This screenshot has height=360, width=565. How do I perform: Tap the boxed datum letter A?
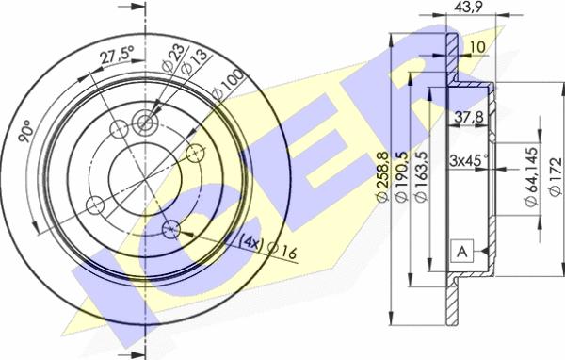pos(461,251)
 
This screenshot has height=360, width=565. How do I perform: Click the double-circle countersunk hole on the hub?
pos(144,121)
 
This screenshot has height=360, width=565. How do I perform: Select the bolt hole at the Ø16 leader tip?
pos(170,227)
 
